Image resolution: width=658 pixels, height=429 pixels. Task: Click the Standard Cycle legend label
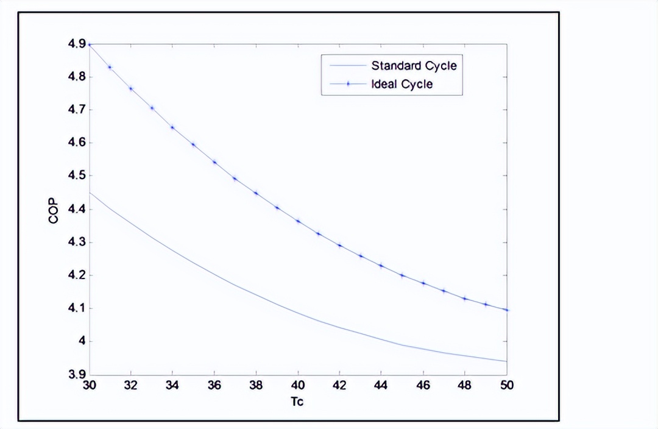pyautogui.click(x=414, y=66)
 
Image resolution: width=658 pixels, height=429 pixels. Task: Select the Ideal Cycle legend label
pyautogui.click(x=402, y=84)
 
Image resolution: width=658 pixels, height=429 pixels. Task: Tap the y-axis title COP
pyautogui.click(x=54, y=210)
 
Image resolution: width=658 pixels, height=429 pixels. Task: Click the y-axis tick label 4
pyautogui.click(x=81, y=341)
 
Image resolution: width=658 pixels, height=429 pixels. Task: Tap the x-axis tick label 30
pyautogui.click(x=89, y=386)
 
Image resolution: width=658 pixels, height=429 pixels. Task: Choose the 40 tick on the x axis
pyautogui.click(x=298, y=386)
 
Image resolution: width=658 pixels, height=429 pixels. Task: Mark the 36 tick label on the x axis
pyautogui.click(x=214, y=386)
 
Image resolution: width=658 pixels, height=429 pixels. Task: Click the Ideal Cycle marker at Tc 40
pyautogui.click(x=298, y=221)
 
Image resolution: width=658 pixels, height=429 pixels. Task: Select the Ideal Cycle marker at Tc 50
pyautogui.click(x=507, y=310)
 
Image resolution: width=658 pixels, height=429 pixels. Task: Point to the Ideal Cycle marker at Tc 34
pyautogui.click(x=172, y=127)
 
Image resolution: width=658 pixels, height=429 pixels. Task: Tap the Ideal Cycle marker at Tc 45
pyautogui.click(x=402, y=275)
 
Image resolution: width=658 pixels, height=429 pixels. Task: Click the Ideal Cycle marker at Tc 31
pyautogui.click(x=110, y=67)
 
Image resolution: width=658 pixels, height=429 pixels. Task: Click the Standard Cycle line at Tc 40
pyautogui.click(x=298, y=313)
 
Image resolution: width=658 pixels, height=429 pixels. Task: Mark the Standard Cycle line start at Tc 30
pyautogui.click(x=90, y=193)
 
